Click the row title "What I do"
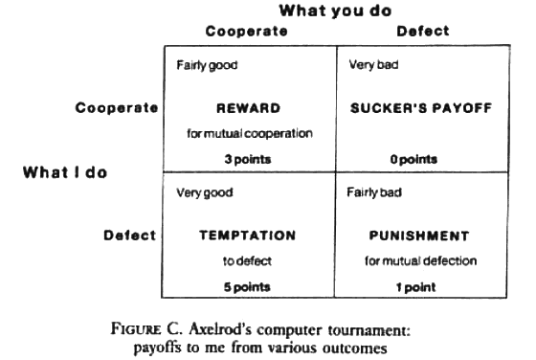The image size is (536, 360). (x=64, y=173)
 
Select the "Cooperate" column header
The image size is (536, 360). (x=246, y=32)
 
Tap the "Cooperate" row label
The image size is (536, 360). (x=117, y=108)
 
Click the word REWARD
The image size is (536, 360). (x=247, y=108)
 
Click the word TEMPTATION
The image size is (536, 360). (x=247, y=235)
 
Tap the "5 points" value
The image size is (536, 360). (x=247, y=285)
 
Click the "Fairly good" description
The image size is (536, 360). (x=207, y=66)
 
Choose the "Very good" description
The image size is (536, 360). (x=205, y=192)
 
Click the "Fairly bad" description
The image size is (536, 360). (x=373, y=192)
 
